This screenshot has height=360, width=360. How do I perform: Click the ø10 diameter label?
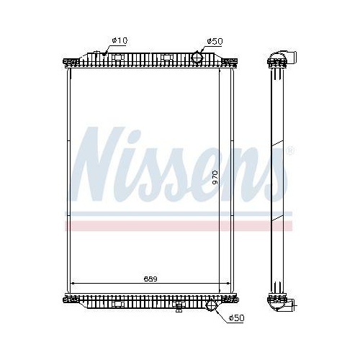tap(119, 40)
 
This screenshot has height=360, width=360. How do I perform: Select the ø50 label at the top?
tap(215, 40)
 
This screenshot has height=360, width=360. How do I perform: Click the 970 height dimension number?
tap(215, 178)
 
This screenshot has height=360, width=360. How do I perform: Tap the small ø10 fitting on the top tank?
tap(101, 53)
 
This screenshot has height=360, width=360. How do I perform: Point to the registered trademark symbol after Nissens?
tap(289, 151)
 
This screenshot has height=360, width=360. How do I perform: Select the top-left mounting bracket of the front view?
tap(69, 60)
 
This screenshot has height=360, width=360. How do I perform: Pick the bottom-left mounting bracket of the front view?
tap(69, 300)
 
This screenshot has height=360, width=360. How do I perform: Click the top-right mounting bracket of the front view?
tap(232, 60)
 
